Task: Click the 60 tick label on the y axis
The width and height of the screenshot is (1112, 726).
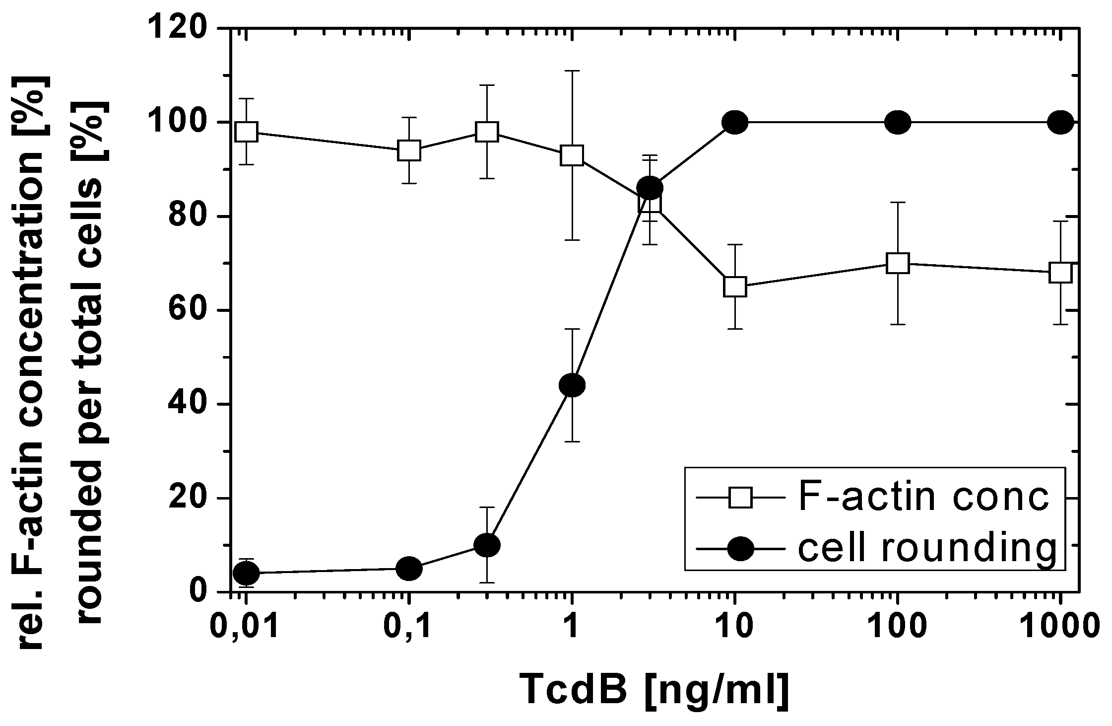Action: click(191, 311)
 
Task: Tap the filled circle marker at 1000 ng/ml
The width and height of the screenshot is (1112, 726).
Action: click(1061, 122)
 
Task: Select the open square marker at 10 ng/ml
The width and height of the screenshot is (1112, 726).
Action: click(735, 287)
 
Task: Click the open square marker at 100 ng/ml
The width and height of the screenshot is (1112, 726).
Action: click(898, 263)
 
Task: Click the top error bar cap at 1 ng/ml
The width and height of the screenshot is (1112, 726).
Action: click(572, 71)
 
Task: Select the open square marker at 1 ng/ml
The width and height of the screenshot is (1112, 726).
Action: click(572, 155)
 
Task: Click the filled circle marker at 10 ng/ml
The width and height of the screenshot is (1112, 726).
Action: click(735, 122)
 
